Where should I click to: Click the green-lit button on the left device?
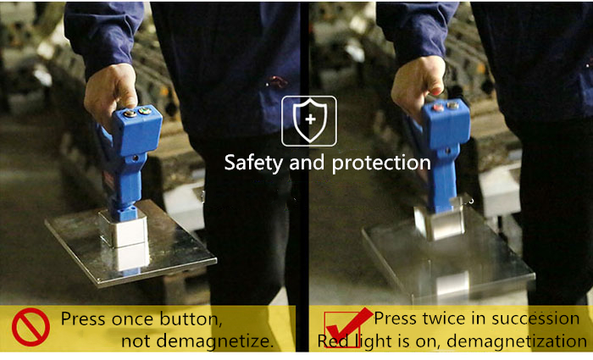click(x=145, y=111)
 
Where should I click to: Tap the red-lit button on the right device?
click(x=438, y=107)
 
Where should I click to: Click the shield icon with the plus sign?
click(x=309, y=120)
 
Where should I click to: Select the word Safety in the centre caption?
click(x=253, y=163)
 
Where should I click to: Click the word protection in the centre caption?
click(x=381, y=163)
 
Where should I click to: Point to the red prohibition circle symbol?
click(x=30, y=327)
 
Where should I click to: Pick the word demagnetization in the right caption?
click(x=516, y=341)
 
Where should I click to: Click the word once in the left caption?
click(x=133, y=318)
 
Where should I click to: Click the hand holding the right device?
click(x=418, y=85)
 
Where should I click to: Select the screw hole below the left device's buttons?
click(x=135, y=158)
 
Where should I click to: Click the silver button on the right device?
click(x=452, y=105)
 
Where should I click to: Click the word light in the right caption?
click(x=380, y=341)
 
